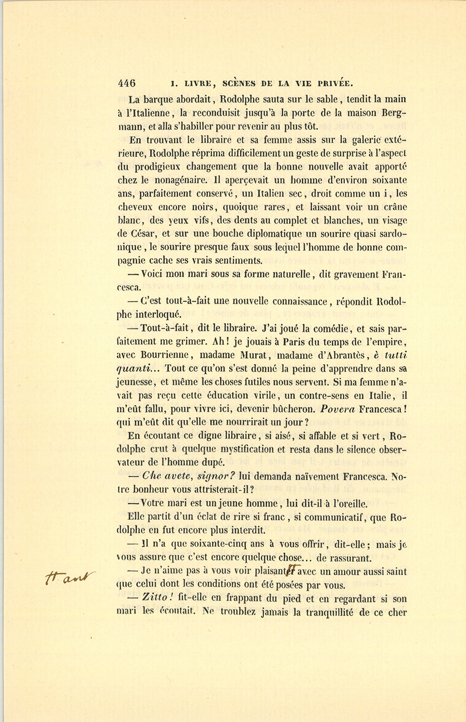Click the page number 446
point(126,83)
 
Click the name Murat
point(253,355)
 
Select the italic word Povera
point(338,409)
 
